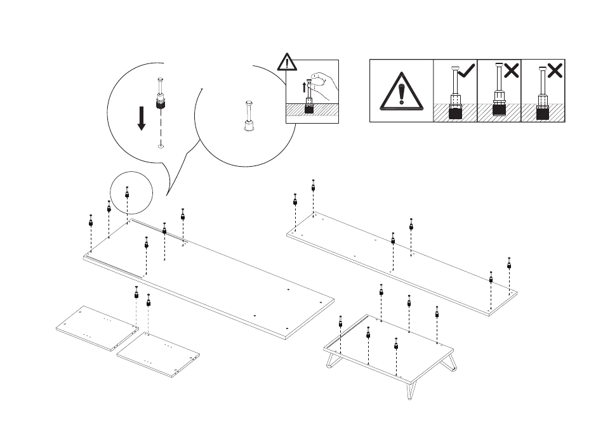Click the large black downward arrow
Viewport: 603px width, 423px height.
pyautogui.click(x=142, y=118)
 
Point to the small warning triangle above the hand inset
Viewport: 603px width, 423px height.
pyautogui.click(x=288, y=63)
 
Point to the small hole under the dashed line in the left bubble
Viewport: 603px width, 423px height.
pyautogui.click(x=161, y=146)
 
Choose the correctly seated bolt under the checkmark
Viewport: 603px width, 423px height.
pyautogui.click(x=455, y=95)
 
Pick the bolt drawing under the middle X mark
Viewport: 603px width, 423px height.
pyautogui.click(x=499, y=95)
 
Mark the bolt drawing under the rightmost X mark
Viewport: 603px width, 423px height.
pyautogui.click(x=543, y=95)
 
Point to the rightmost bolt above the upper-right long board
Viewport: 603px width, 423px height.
pyautogui.click(x=509, y=263)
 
